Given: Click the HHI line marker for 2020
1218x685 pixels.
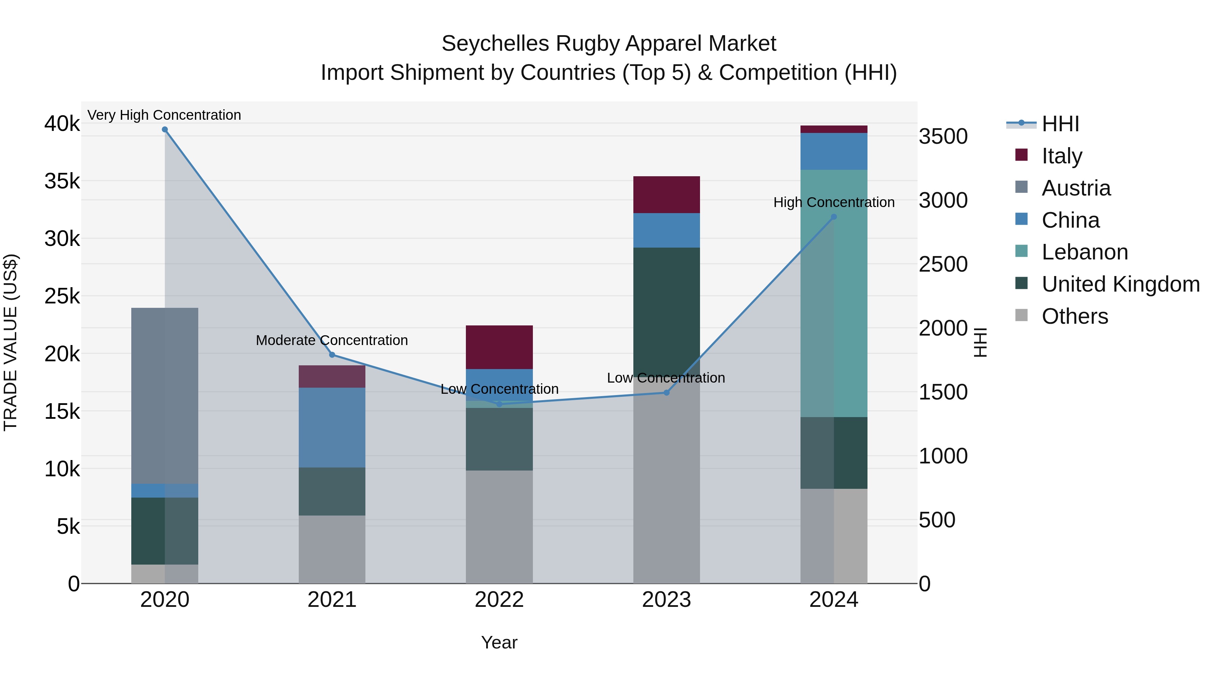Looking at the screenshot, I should [164, 130].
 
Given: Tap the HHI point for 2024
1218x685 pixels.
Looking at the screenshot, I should [834, 217].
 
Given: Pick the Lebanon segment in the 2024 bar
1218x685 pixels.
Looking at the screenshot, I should [834, 293].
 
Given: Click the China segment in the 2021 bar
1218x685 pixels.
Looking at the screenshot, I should [332, 427].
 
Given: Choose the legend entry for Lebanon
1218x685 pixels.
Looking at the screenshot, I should [1084, 252].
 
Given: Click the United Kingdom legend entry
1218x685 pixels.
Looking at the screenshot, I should [1120, 284].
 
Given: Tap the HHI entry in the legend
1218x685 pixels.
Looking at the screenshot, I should [1060, 124].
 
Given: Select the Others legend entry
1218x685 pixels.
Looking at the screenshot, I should [1074, 316].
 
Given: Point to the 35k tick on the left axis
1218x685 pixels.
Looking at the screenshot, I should [62, 181].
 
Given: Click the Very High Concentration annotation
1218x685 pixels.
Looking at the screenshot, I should [164, 115].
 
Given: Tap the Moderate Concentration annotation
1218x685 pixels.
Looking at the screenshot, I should [332, 340].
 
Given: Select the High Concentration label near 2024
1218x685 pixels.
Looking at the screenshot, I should [834, 202].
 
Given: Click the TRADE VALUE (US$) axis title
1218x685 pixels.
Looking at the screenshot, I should [10, 342].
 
